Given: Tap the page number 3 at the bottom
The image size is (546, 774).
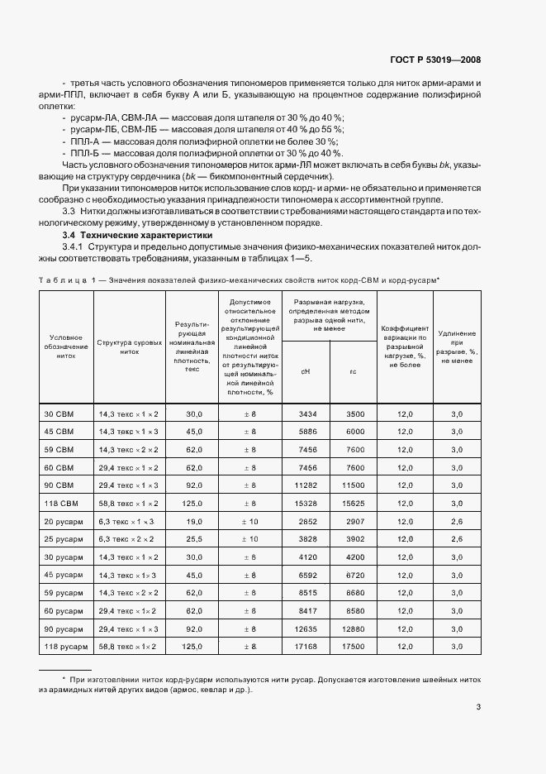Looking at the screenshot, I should click(479, 707).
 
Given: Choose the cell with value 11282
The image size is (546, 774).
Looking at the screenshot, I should click(306, 485).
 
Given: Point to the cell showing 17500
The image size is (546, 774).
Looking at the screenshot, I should click(354, 646).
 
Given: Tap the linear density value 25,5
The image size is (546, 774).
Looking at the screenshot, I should click(194, 539).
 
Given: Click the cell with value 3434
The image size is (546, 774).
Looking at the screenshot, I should click(306, 413).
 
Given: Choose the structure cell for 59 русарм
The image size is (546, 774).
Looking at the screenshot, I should click(129, 592).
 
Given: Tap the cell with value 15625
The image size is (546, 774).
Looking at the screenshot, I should click(354, 503).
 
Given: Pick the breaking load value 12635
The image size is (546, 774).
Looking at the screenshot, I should click(306, 628).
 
